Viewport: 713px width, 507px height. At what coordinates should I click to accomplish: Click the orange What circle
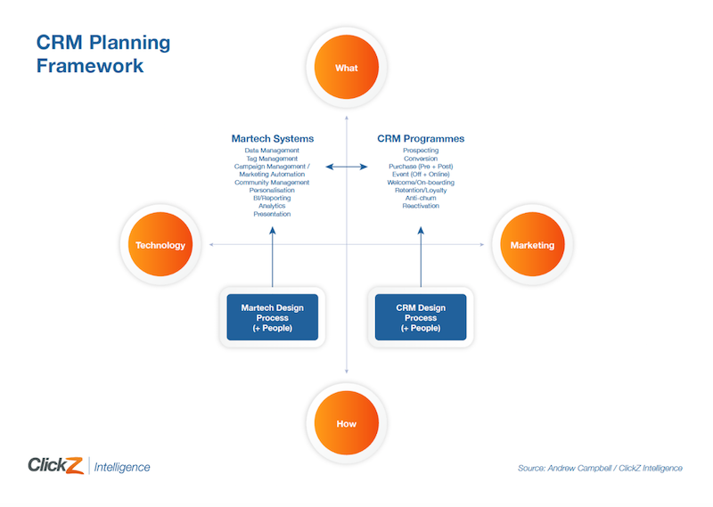click(346, 69)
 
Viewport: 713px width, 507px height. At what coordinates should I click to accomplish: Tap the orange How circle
click(346, 423)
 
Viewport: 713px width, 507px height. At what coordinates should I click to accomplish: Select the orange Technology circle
click(160, 245)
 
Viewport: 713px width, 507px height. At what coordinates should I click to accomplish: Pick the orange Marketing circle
click(532, 245)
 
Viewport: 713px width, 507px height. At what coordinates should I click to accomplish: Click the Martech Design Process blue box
click(272, 317)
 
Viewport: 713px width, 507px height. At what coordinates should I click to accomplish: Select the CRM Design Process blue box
click(421, 317)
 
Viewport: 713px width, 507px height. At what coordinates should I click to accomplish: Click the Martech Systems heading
click(272, 139)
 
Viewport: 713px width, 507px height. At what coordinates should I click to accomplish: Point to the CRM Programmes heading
click(421, 139)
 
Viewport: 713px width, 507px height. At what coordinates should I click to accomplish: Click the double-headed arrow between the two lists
click(346, 167)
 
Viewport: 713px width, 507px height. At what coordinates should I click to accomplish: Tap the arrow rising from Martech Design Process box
click(273, 258)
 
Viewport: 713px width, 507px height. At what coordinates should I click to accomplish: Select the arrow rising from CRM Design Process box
click(421, 258)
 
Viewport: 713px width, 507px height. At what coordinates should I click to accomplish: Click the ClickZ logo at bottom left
click(55, 466)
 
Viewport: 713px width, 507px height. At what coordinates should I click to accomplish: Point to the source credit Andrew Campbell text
click(600, 468)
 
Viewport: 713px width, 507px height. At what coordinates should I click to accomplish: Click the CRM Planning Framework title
click(102, 54)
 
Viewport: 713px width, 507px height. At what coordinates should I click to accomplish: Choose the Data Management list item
click(272, 151)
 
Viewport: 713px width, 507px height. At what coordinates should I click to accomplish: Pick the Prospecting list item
click(421, 151)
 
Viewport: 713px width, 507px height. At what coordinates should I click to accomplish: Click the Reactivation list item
click(421, 206)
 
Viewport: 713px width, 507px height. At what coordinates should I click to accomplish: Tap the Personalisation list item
click(272, 190)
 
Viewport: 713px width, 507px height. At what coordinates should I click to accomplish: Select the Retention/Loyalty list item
click(421, 190)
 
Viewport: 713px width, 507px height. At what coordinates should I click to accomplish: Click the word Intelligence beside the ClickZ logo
click(122, 467)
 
